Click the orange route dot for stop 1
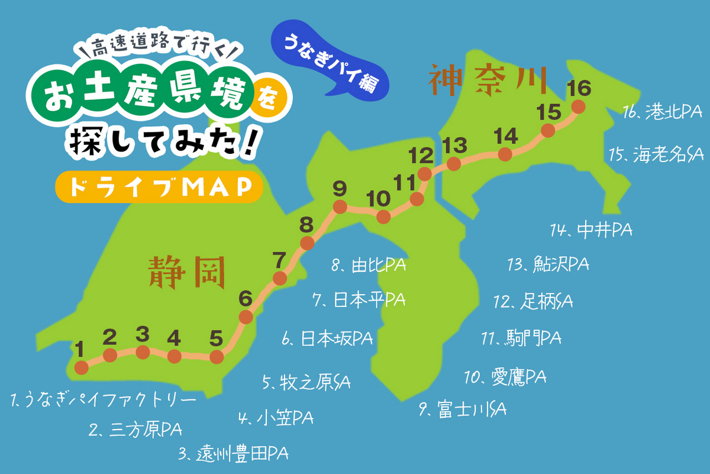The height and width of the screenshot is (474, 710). pyautogui.click(x=82, y=367)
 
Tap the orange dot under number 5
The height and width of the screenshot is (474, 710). pyautogui.click(x=217, y=357)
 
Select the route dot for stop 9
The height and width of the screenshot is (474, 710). pyautogui.click(x=340, y=207)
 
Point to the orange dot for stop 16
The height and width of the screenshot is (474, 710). pyautogui.click(x=578, y=107)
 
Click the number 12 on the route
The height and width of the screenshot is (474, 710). pyautogui.click(x=421, y=156)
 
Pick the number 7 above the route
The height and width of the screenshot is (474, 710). pyautogui.click(x=279, y=259)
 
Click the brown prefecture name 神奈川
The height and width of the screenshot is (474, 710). pyautogui.click(x=488, y=82)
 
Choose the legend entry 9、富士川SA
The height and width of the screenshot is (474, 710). pyautogui.click(x=463, y=408)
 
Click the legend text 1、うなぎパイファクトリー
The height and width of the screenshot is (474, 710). pyautogui.click(x=103, y=401)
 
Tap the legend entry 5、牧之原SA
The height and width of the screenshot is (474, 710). pyautogui.click(x=306, y=382)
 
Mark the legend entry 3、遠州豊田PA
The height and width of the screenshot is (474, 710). pyautogui.click(x=233, y=454)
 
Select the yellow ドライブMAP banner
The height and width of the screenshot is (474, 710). pyautogui.click(x=157, y=187)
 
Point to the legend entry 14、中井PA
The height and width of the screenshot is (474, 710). pyautogui.click(x=590, y=230)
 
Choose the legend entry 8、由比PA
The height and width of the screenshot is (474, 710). pyautogui.click(x=369, y=266)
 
